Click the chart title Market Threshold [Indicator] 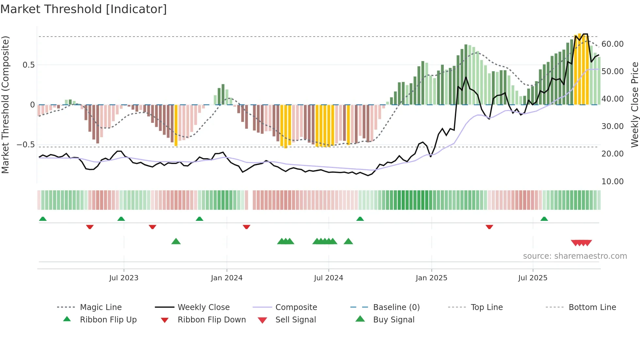84,9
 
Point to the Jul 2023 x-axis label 124,278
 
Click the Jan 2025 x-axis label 431,278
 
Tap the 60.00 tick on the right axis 612,44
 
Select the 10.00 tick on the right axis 612,182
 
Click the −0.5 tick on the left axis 26,145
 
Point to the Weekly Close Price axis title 634,105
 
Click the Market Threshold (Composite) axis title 5,105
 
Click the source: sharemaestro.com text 575,256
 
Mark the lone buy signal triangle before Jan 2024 176,241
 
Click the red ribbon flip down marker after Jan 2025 489,227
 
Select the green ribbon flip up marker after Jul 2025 544,219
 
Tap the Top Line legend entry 487,307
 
